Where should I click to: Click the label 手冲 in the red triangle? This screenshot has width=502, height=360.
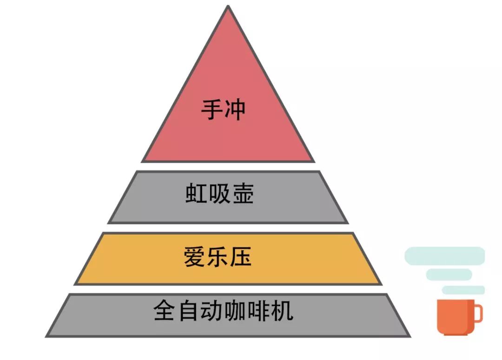coord(223,110)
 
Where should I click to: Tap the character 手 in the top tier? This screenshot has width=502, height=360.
coord(211,110)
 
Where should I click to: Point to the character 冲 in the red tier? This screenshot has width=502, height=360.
coord(235,110)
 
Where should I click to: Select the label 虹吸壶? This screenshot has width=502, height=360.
coord(219,193)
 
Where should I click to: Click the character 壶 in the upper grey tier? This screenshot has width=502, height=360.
coord(243,193)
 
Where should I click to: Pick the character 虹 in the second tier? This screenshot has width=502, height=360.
coord(196,193)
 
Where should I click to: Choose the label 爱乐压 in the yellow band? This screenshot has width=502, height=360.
coord(218,257)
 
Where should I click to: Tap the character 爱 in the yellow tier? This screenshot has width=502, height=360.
coord(194,257)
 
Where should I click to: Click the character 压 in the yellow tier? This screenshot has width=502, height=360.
coord(241,257)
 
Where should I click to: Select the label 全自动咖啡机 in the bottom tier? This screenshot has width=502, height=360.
coord(224,311)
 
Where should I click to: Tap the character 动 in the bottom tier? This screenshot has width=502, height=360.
coord(211,311)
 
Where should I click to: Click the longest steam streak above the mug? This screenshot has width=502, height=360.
coord(445,256)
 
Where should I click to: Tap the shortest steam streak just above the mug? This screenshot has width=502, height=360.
coord(463,290)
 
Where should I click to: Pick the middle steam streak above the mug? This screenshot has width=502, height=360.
coord(449,275)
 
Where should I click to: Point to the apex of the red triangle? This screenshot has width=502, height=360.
coord(228,6)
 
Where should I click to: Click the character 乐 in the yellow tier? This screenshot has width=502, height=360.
coord(218,257)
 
